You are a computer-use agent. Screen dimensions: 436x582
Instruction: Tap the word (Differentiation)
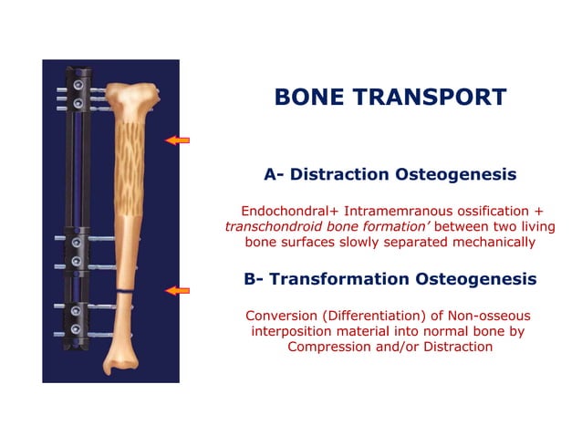click(374, 315)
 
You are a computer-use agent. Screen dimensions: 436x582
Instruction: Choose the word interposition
click(293, 331)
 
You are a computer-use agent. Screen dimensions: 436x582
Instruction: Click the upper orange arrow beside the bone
click(177, 140)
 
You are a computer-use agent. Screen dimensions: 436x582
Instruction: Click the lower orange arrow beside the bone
click(177, 290)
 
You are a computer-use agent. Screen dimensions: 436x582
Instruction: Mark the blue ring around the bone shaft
click(121, 291)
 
